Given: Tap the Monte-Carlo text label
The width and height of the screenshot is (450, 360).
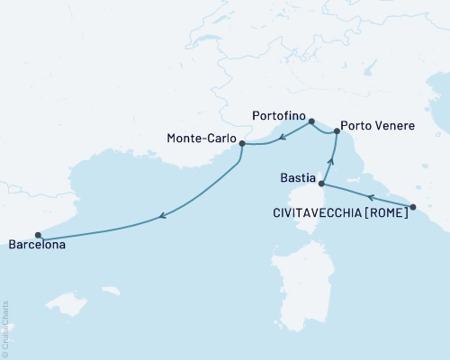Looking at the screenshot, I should pyautogui.click(x=202, y=139).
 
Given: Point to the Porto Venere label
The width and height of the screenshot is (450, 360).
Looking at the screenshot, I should pyautogui.click(x=378, y=126).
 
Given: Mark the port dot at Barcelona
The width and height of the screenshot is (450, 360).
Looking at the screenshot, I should pyautogui.click(x=38, y=236).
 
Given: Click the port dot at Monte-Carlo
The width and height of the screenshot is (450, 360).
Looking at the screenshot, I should pyautogui.click(x=242, y=142).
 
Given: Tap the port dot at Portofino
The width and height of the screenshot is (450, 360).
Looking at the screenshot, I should pyautogui.click(x=311, y=121).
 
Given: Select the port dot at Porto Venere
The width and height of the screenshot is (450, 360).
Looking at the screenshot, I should pyautogui.click(x=337, y=131).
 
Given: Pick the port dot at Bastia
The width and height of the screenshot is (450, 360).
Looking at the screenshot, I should pyautogui.click(x=321, y=184).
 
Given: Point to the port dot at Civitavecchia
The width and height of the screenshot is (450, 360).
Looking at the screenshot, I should pyautogui.click(x=412, y=208).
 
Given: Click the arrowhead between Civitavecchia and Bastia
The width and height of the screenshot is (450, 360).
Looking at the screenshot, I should pyautogui.click(x=370, y=195).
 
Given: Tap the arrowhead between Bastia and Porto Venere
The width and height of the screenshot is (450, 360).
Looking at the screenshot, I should pyautogui.click(x=330, y=161).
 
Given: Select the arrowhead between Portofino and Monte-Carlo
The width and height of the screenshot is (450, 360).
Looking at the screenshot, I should pyautogui.click(x=281, y=139).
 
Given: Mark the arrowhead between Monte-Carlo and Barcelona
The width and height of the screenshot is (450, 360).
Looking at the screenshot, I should pyautogui.click(x=161, y=215).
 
